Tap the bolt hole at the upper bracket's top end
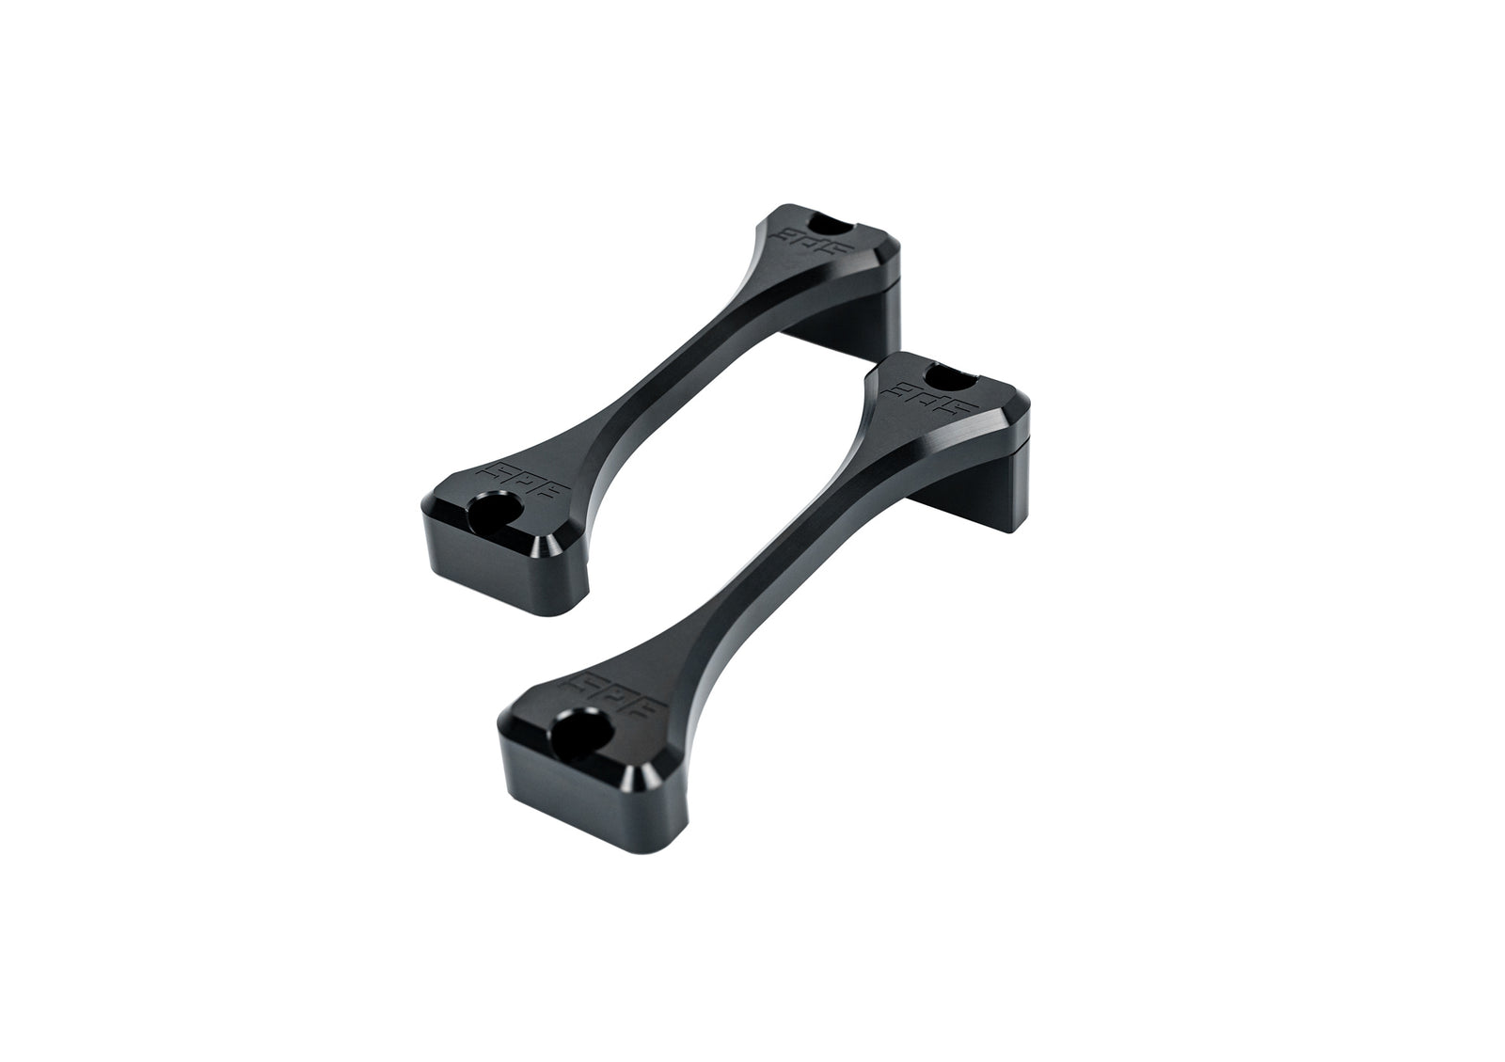coord(832,226)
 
